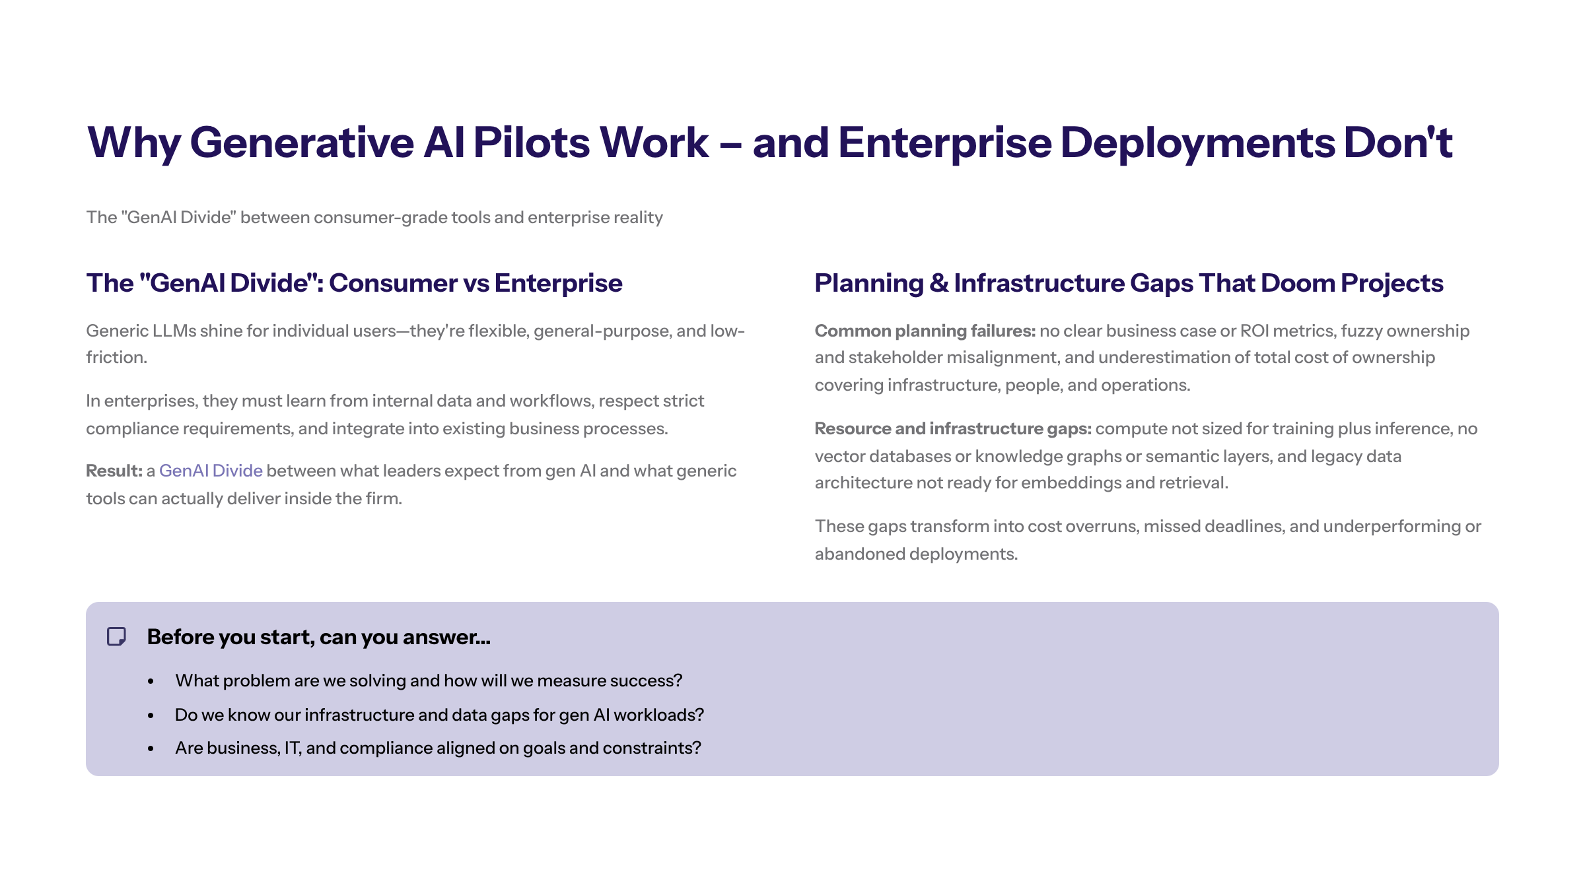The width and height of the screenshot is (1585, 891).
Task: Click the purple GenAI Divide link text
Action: pos(211,471)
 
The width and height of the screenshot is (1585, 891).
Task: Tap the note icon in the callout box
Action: pos(117,637)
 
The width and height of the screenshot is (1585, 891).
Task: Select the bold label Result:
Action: pos(114,471)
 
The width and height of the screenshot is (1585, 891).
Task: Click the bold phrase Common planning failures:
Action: pos(925,331)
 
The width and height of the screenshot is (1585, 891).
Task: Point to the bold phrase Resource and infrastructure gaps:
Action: pos(952,428)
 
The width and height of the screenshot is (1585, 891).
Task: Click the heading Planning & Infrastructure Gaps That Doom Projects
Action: pos(1129,283)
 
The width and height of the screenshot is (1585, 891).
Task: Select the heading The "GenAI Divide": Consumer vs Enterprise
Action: pos(354,283)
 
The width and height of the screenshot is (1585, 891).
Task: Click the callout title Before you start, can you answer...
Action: pos(318,637)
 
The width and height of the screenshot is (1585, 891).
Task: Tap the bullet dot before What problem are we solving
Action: pos(151,681)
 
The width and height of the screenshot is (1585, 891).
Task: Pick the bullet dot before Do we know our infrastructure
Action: pos(151,715)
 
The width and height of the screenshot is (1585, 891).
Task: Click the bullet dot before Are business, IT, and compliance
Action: pos(151,748)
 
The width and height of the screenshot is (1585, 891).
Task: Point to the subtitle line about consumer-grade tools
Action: pos(374,218)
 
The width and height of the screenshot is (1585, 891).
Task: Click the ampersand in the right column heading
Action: pos(938,283)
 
